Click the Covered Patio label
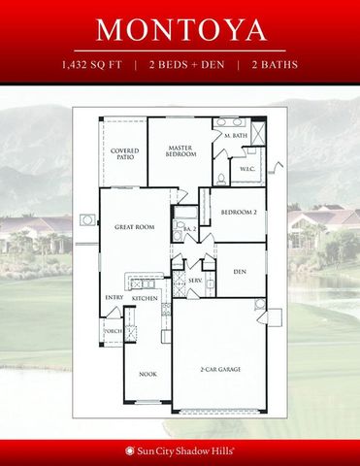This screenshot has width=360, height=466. coord(123,155)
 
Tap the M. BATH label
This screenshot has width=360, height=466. coord(235,136)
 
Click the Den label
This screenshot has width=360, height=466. coord(239,273)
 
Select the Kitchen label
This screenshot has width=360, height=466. coord(145,299)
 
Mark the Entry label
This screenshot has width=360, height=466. coord(113,297)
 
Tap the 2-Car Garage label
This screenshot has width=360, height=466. coord(220,370)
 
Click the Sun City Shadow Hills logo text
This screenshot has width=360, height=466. coord(187,450)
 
